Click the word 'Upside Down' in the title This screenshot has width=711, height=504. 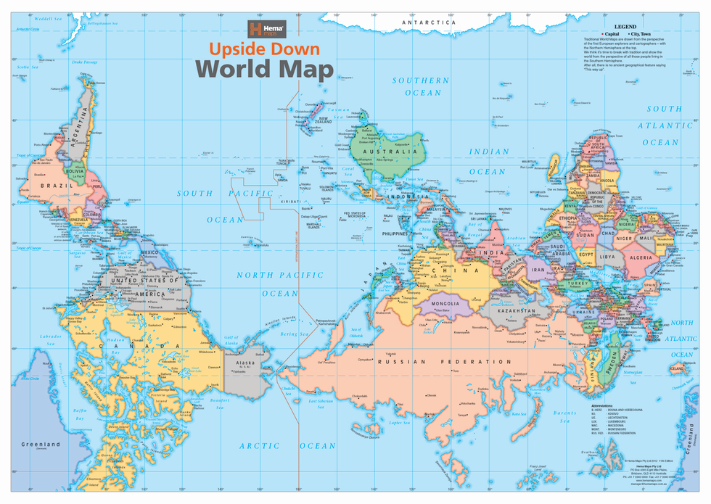tap(265, 50)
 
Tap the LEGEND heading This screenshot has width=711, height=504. tap(625, 26)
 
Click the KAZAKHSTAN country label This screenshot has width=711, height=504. tap(517, 310)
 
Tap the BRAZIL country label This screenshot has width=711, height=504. tap(41, 186)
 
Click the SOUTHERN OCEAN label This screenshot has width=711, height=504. tap(421, 86)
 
